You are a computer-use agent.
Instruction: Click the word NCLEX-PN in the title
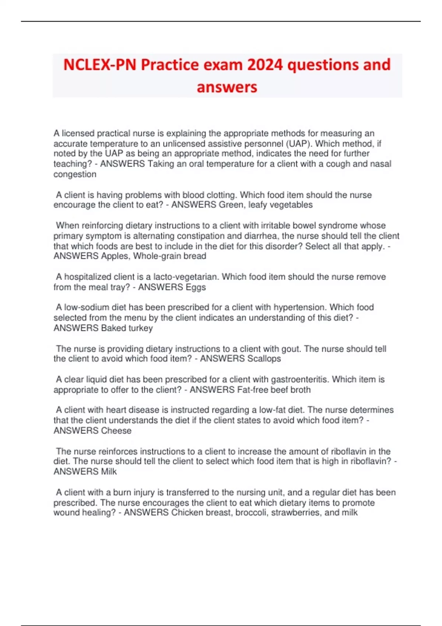coord(99,65)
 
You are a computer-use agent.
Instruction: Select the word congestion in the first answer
coord(75,174)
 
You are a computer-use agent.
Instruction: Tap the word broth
coord(301,390)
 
